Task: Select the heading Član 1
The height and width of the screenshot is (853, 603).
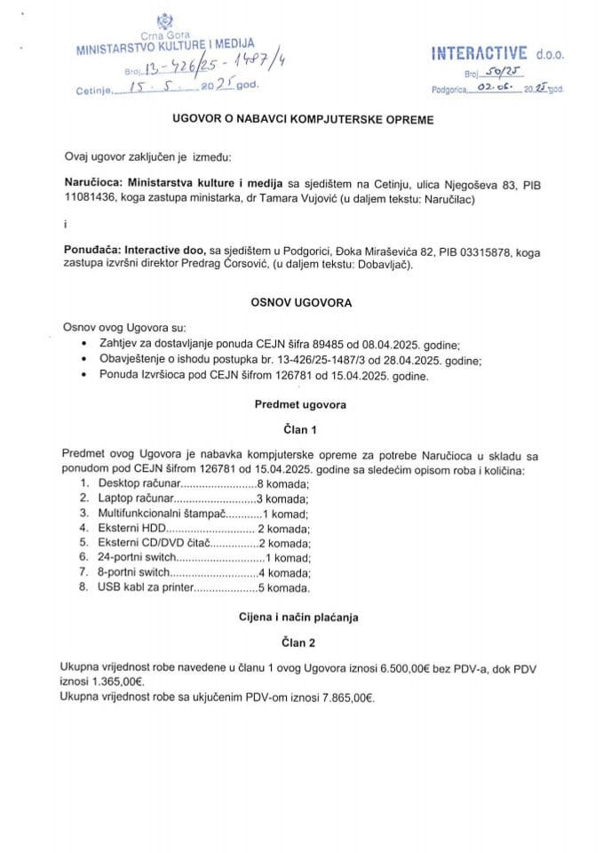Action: coord(300,429)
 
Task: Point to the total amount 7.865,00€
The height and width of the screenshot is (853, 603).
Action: coord(342,698)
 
